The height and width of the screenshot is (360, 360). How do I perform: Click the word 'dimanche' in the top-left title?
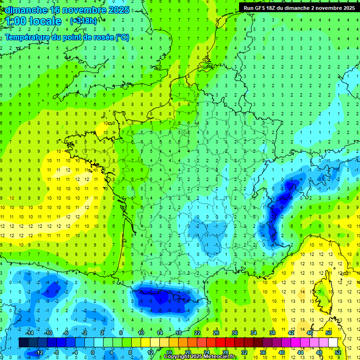point(26,9)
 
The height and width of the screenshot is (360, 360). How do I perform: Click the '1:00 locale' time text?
point(34,21)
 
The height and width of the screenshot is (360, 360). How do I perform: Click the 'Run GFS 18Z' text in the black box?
point(262,8)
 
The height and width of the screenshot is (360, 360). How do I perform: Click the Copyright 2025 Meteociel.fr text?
point(200,357)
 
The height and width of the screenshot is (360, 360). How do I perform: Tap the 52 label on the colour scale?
point(338,352)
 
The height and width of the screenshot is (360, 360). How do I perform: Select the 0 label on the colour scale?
point(93,352)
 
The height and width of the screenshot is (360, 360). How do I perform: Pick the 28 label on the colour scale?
point(225,352)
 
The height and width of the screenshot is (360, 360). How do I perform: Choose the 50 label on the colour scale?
point(328,333)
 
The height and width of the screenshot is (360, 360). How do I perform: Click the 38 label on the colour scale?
point(272,333)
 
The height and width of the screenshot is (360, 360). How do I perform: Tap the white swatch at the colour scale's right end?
point(333,343)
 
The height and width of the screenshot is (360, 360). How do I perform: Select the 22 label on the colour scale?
point(197,333)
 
